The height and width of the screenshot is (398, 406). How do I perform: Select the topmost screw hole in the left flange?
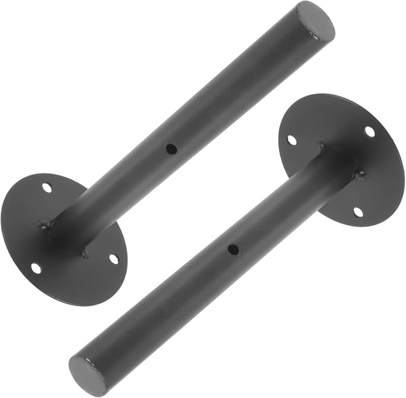[x=47, y=188]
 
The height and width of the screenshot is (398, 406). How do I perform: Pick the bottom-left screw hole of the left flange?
[x=36, y=267]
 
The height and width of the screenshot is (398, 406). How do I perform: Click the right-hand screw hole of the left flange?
[x=114, y=258]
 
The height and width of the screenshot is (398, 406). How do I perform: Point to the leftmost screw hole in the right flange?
[x=291, y=139]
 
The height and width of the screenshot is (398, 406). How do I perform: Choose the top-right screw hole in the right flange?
[x=369, y=131]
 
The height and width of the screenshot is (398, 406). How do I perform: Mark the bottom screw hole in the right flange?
[x=358, y=212]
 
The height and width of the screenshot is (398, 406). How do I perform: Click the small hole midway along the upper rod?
[x=172, y=149]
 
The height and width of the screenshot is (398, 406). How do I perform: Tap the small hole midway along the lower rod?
[x=233, y=250]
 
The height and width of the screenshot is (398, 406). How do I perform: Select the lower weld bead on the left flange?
[x=84, y=253]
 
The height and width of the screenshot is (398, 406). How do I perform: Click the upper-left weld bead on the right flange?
[x=321, y=146]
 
